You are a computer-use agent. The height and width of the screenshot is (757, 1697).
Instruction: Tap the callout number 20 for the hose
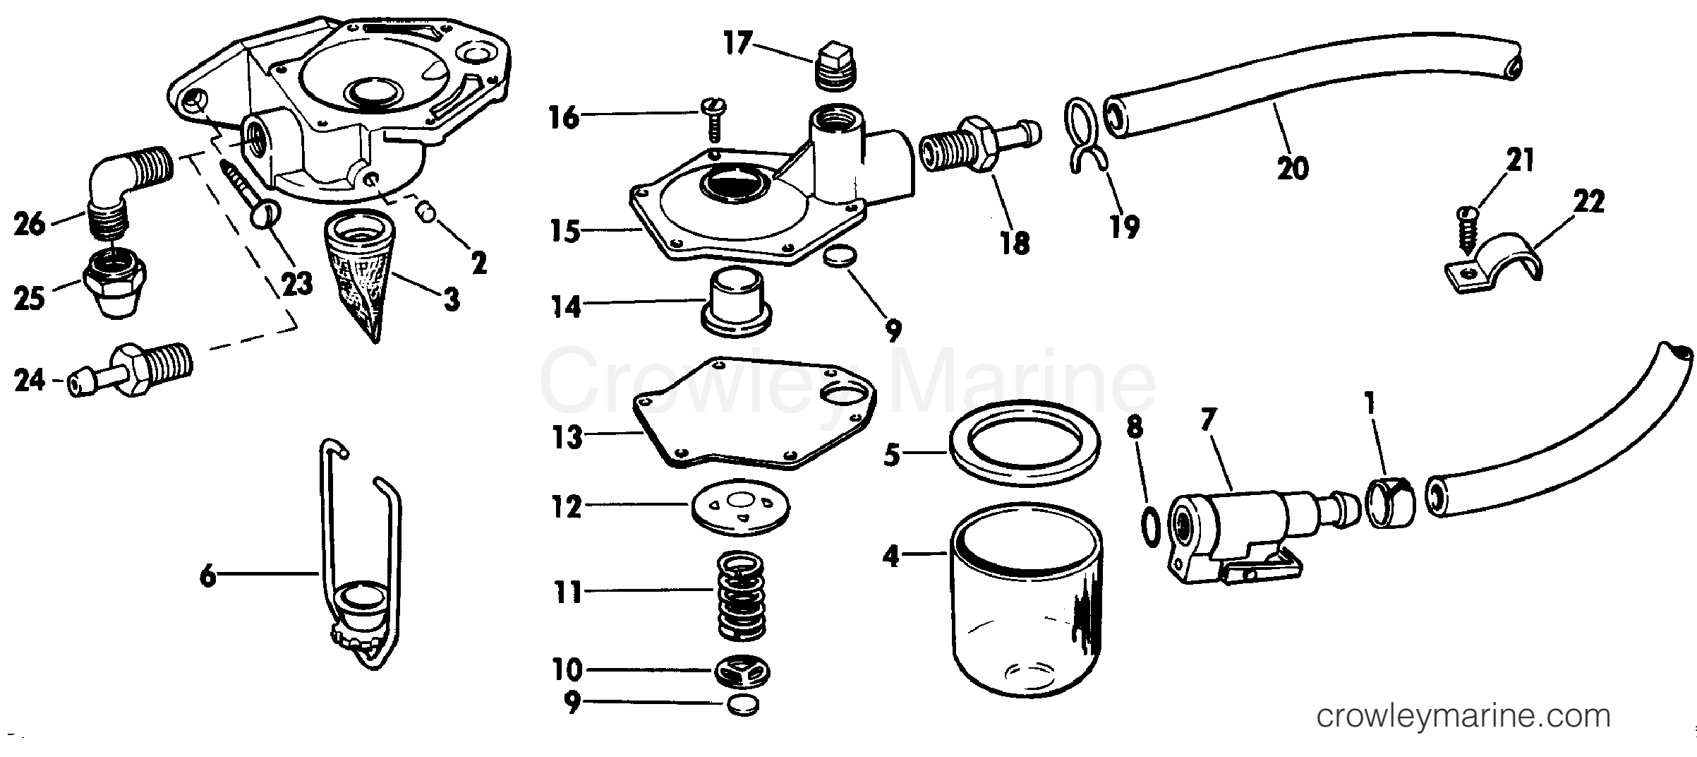[x=1293, y=168]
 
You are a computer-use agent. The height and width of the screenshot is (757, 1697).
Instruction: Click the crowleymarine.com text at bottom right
[x=1464, y=717]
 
